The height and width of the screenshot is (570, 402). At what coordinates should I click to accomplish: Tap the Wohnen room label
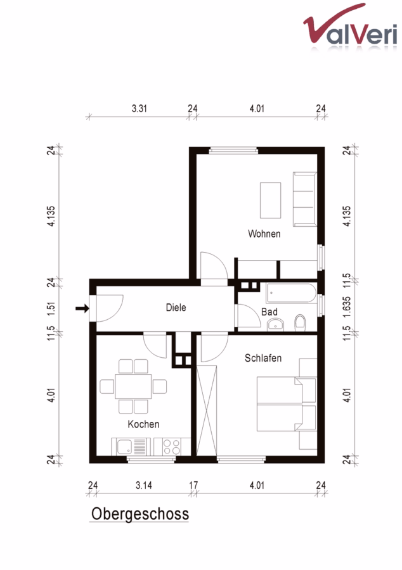(x=264, y=234)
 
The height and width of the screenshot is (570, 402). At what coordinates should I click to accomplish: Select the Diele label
(x=176, y=308)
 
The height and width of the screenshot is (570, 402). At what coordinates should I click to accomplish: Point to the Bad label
(x=269, y=312)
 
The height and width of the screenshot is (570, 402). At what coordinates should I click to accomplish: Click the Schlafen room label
(x=263, y=358)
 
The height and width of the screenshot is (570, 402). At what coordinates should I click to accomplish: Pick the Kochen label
(x=143, y=424)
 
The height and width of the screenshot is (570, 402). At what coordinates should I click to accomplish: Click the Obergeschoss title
(x=140, y=514)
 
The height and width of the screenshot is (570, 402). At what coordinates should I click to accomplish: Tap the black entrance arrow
(x=82, y=308)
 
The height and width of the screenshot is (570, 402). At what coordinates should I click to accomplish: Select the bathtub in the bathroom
(x=291, y=293)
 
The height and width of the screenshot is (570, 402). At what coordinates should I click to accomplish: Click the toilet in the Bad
(x=300, y=322)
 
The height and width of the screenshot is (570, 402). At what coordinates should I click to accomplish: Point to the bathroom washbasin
(x=275, y=324)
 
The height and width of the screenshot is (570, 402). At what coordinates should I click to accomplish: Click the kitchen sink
(x=125, y=446)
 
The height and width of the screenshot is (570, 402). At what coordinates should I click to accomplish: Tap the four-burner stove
(x=172, y=446)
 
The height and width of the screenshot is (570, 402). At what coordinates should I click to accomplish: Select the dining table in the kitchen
(x=133, y=386)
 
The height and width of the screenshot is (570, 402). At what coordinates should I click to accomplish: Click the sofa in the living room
(x=304, y=199)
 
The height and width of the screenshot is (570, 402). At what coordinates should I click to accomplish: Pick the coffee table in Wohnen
(x=270, y=200)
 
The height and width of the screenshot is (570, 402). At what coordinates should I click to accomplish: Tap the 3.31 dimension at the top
(x=139, y=108)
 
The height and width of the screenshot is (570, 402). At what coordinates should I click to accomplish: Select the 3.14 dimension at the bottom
(x=144, y=485)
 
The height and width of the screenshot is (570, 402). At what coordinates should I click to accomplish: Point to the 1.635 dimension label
(x=347, y=307)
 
